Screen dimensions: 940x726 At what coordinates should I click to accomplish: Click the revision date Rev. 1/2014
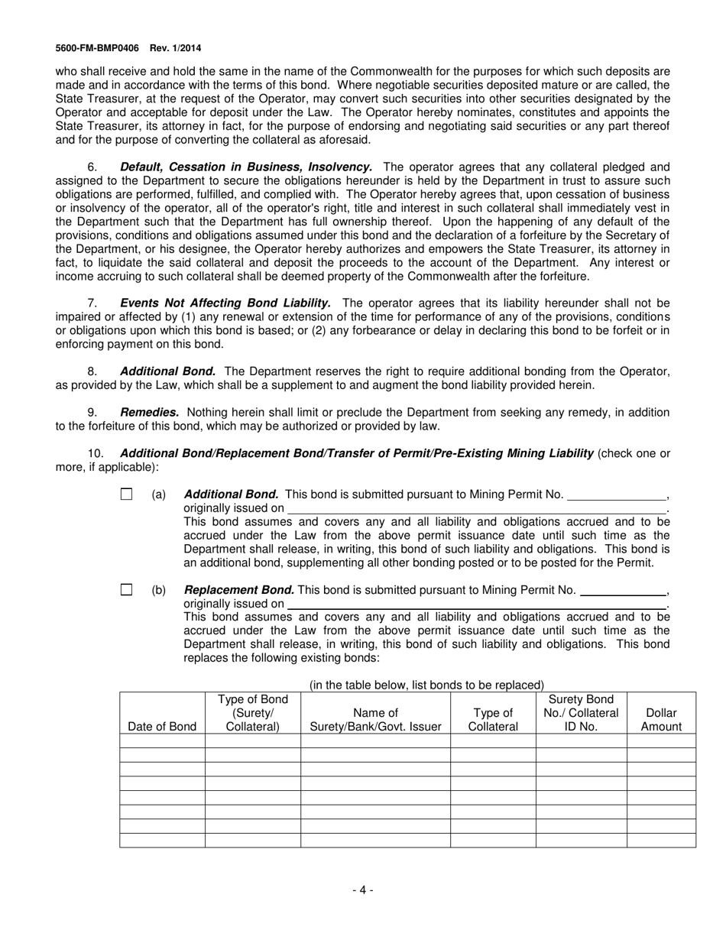[176, 47]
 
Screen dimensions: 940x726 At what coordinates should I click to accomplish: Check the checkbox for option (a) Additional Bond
[126, 494]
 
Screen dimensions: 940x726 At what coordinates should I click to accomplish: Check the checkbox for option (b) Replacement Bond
[126, 590]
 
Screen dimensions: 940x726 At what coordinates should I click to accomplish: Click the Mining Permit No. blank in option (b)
[624, 592]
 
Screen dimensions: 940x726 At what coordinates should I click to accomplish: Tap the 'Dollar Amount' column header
[661, 720]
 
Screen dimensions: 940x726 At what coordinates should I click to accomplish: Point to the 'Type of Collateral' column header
[493, 720]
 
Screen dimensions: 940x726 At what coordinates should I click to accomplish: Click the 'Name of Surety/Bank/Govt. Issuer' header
[375, 720]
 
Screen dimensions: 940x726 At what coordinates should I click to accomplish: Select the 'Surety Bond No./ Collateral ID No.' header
[581, 713]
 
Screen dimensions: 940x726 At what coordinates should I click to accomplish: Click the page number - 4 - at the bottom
[363, 890]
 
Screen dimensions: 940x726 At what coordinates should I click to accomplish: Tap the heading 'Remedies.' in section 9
[150, 413]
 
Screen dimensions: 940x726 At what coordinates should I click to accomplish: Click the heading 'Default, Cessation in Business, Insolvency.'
[246, 167]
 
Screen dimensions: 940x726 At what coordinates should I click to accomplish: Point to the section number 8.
[92, 371]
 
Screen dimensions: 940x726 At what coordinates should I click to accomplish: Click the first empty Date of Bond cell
[162, 741]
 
